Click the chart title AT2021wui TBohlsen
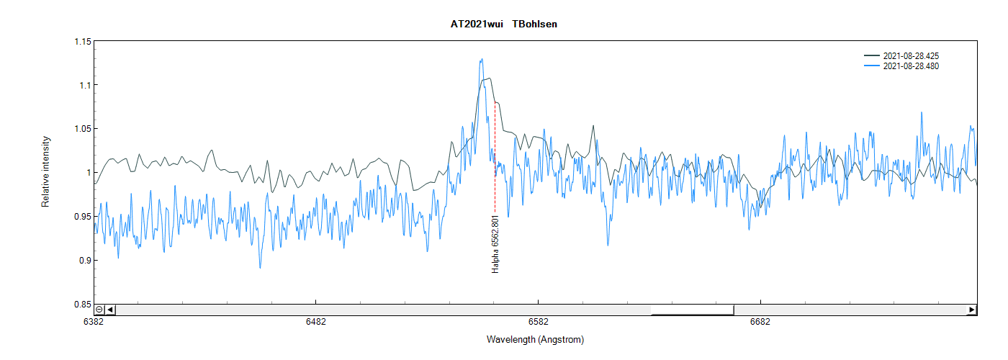503,24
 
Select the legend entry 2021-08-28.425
910,55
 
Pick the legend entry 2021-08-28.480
910,66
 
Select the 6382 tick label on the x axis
94,322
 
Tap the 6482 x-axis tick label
315,322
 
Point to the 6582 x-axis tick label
538,322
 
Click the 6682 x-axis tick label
760,322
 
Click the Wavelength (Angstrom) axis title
535,340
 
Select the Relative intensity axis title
45,171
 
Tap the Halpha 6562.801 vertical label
495,243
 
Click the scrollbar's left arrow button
110,310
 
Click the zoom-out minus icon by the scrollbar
99,310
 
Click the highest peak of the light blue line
481,59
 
